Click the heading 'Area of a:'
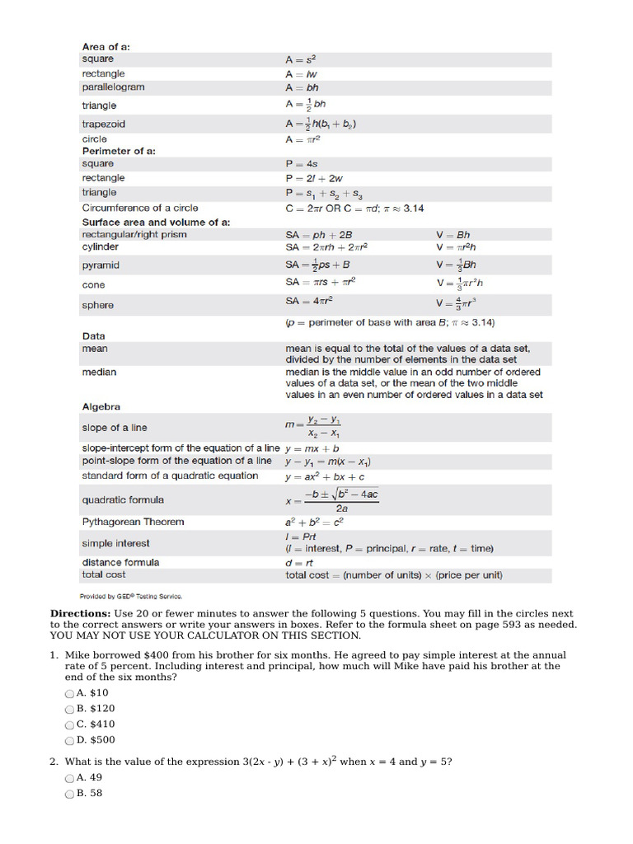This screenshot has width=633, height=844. [105, 47]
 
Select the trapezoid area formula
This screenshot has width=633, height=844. [321, 124]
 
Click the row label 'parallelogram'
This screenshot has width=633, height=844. [113, 87]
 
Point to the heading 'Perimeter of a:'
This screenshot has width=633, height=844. [118, 152]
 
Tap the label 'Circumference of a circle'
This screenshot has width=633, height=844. [140, 209]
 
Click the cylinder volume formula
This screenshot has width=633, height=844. [455, 247]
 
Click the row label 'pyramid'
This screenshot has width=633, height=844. [101, 265]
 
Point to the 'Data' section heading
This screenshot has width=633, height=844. [93, 336]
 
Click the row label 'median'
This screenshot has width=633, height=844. [99, 373]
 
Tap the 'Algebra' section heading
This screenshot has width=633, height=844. [101, 407]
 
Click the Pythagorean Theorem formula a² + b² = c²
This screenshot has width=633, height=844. [314, 523]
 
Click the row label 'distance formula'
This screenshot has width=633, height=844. [120, 562]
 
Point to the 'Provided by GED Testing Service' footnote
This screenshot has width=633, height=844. [131, 596]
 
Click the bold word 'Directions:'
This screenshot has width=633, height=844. [80, 614]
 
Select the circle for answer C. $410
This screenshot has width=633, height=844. [69, 724]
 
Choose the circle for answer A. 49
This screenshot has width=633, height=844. [69, 778]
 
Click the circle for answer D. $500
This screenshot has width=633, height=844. [69, 740]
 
